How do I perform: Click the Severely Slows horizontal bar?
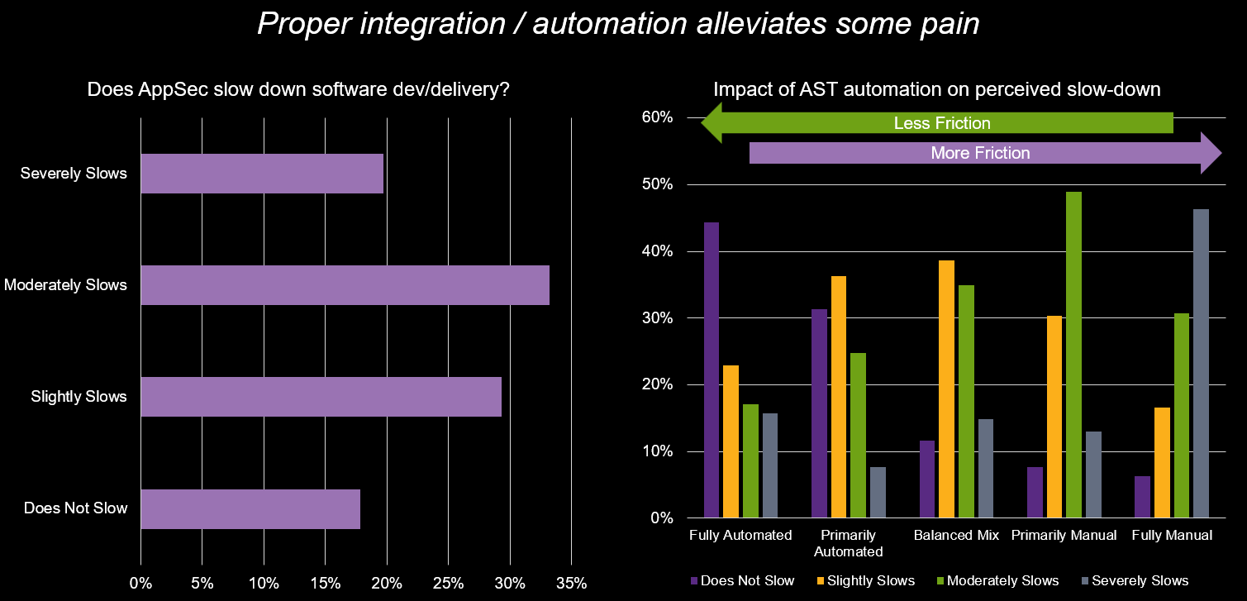[x=262, y=174]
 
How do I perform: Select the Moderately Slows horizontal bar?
[x=345, y=285]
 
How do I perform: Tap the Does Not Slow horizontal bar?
[x=250, y=508]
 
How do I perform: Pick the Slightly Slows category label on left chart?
[x=79, y=397]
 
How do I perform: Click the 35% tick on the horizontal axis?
[x=570, y=583]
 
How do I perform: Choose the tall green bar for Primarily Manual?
[x=1073, y=355]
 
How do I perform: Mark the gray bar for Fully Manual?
[x=1201, y=364]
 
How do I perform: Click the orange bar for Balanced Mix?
[x=946, y=389]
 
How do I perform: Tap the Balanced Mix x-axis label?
[x=956, y=536]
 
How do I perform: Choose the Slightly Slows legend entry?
[x=864, y=580]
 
